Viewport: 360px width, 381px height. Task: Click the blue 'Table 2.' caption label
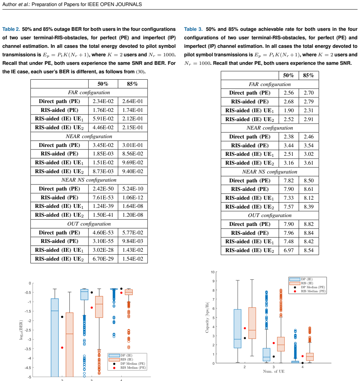tap(11, 29)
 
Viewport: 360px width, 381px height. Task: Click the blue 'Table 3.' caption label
tap(193, 29)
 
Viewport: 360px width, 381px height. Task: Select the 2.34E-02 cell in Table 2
tap(103, 101)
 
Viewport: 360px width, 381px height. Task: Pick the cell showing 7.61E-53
tap(103, 198)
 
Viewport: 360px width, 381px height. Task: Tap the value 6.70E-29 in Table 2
tap(103, 259)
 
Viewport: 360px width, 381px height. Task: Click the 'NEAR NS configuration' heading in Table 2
tap(89, 180)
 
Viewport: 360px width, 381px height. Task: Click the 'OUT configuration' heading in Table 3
tap(270, 215)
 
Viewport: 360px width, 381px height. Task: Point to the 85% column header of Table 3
tap(308, 75)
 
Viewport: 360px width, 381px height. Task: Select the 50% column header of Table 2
tap(103, 84)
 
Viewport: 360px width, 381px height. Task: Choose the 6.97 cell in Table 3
tap(289, 250)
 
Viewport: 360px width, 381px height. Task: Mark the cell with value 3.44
tap(289, 145)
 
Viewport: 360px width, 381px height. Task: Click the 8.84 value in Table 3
tap(309, 233)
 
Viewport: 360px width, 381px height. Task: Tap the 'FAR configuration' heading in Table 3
tap(270, 84)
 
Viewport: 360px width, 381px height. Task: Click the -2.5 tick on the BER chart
tap(28, 330)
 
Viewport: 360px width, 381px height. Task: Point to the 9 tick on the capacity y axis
tap(213, 281)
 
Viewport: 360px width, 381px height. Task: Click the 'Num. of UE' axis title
tap(274, 371)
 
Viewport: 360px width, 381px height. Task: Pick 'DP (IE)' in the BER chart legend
tap(127, 355)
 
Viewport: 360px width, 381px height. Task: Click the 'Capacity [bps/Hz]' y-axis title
tap(207, 317)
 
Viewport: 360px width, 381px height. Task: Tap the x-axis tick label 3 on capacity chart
tap(274, 367)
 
